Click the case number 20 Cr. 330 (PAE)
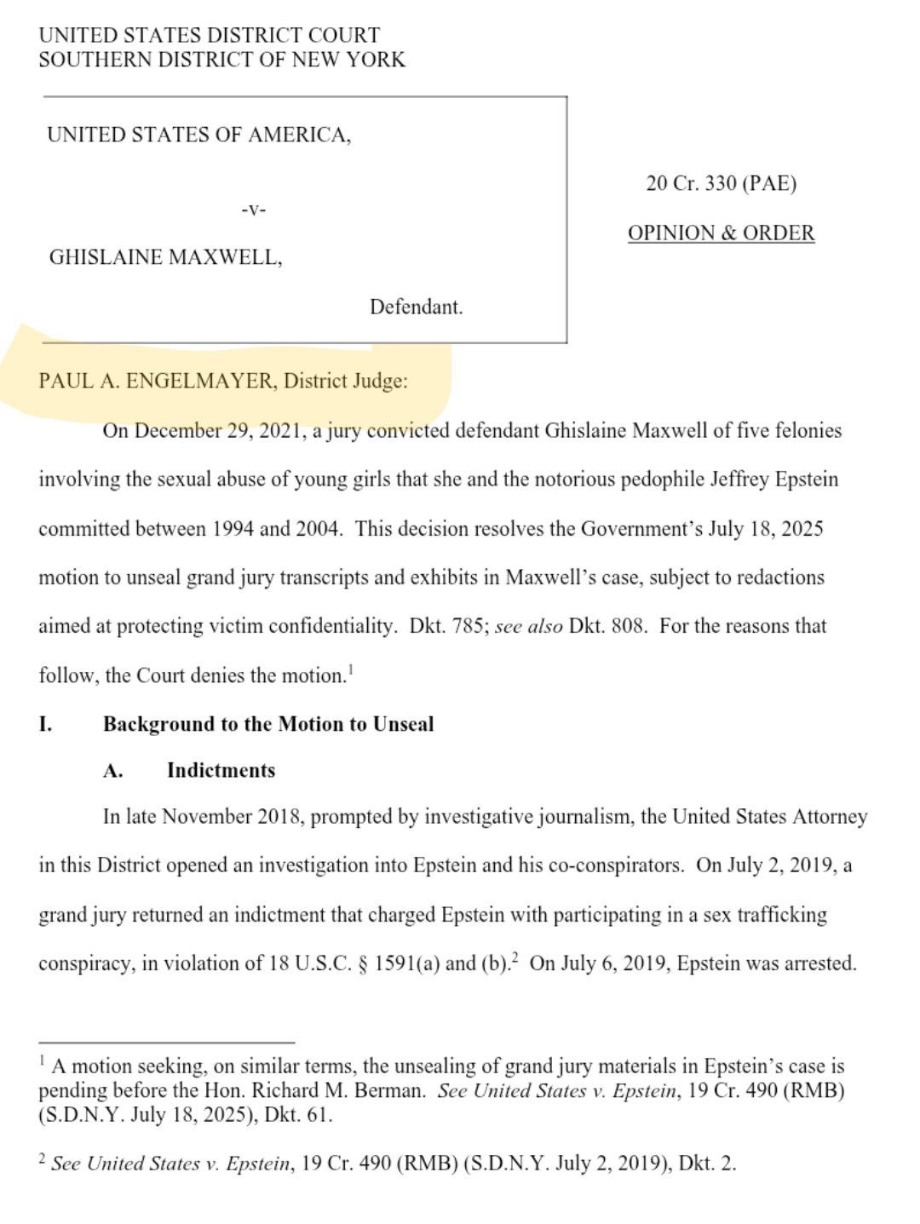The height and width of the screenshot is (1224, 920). tap(721, 184)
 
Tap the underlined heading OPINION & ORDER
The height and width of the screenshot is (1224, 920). tap(721, 233)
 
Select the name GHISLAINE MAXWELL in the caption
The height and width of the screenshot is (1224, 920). tap(164, 257)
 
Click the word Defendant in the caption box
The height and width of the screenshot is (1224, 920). tap(416, 307)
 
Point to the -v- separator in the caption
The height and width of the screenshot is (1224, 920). tap(253, 210)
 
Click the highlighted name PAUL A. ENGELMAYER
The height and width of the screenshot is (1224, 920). tap(157, 381)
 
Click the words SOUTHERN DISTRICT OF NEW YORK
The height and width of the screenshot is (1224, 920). tap(221, 60)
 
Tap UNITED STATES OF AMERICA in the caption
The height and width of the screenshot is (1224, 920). tap(198, 135)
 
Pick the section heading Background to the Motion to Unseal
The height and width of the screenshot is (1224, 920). tap(268, 724)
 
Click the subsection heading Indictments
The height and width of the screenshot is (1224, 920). tap(221, 771)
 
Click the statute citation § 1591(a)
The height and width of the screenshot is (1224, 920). tap(400, 964)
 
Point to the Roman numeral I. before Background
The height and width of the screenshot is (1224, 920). tap(45, 725)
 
